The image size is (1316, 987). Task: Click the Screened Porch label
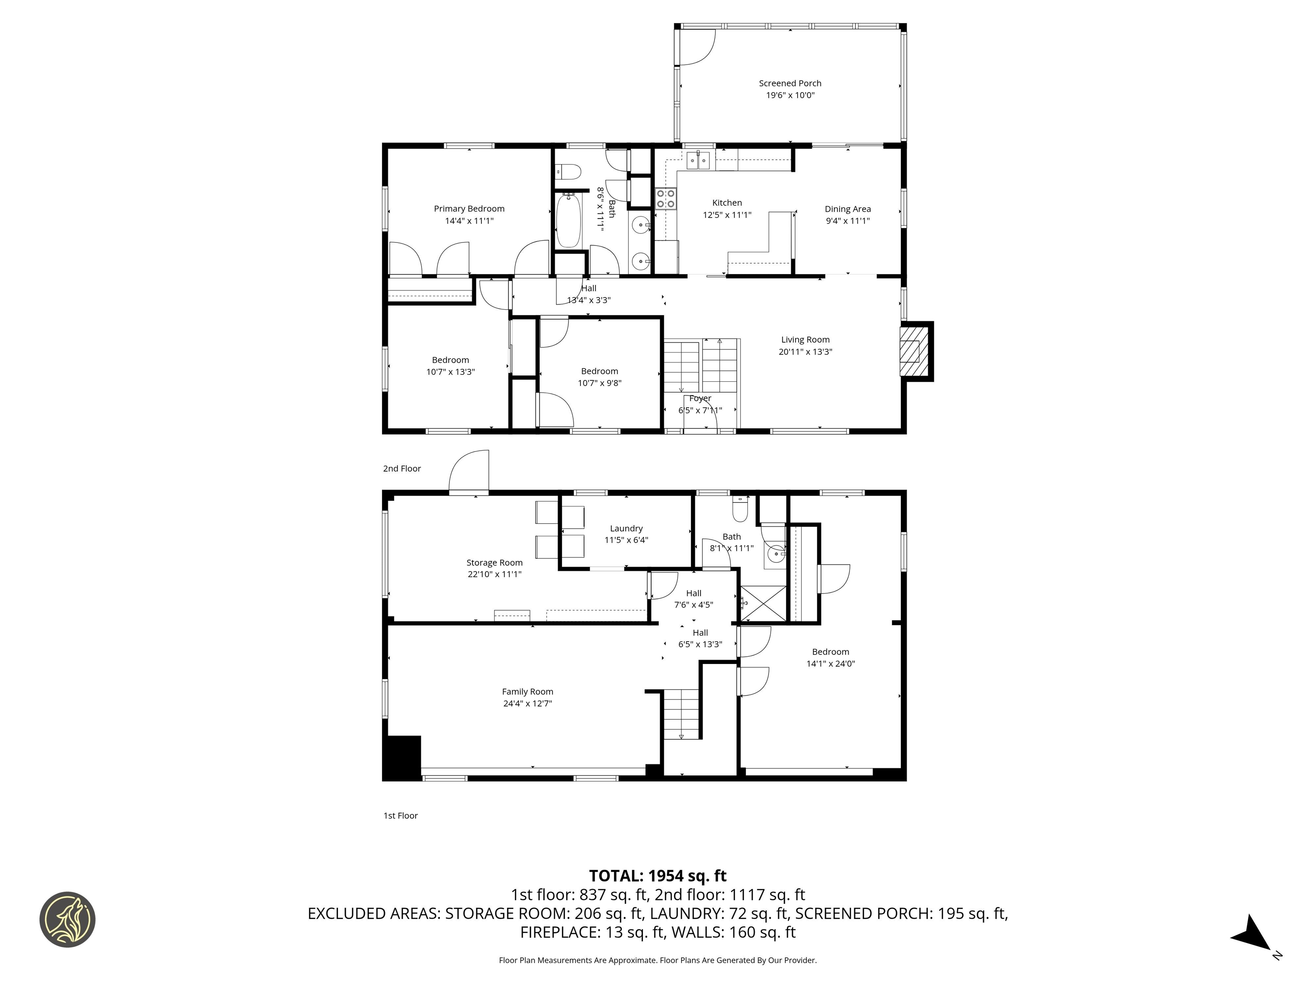tap(790, 83)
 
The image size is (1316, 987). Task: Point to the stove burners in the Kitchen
tap(666, 198)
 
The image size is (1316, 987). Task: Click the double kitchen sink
tap(698, 161)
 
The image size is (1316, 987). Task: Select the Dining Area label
tap(847, 209)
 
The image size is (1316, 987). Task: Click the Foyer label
tap(700, 398)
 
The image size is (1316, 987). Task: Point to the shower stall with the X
tap(763, 604)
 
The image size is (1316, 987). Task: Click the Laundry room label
tap(626, 528)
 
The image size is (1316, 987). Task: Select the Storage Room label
tap(494, 562)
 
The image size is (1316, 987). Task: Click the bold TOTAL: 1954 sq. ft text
tap(658, 876)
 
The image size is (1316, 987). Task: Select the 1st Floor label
tap(401, 816)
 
